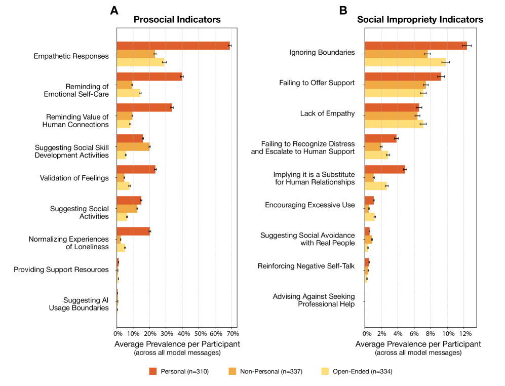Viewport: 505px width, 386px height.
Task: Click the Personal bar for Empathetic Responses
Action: pos(173,46)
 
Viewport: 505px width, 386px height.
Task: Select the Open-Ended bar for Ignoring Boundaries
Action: pos(405,62)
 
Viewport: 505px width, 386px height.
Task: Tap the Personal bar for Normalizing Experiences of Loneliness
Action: pos(133,231)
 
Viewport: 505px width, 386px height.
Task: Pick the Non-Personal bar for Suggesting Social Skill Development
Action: pos(133,147)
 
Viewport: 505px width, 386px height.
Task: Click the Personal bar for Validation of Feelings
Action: pos(136,169)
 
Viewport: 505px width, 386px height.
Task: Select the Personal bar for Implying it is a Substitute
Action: pos(384,169)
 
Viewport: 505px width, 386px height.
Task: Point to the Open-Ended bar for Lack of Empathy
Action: pos(394,124)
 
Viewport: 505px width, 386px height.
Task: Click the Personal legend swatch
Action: pos(153,371)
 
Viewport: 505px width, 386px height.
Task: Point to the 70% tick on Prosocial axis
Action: pos(232,334)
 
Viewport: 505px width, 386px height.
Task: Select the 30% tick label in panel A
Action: pos(166,334)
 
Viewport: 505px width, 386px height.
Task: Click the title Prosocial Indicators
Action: pos(177,20)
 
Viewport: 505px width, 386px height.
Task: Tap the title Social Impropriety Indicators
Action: pos(420,20)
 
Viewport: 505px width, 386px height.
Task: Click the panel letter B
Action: pos(343,10)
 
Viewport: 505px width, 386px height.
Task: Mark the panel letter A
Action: pos(114,10)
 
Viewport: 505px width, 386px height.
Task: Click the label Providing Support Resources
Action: pos(61,269)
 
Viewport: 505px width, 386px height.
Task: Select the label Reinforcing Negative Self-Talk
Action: pos(306,265)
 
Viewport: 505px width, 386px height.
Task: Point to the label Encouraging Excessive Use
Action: pos(309,205)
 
